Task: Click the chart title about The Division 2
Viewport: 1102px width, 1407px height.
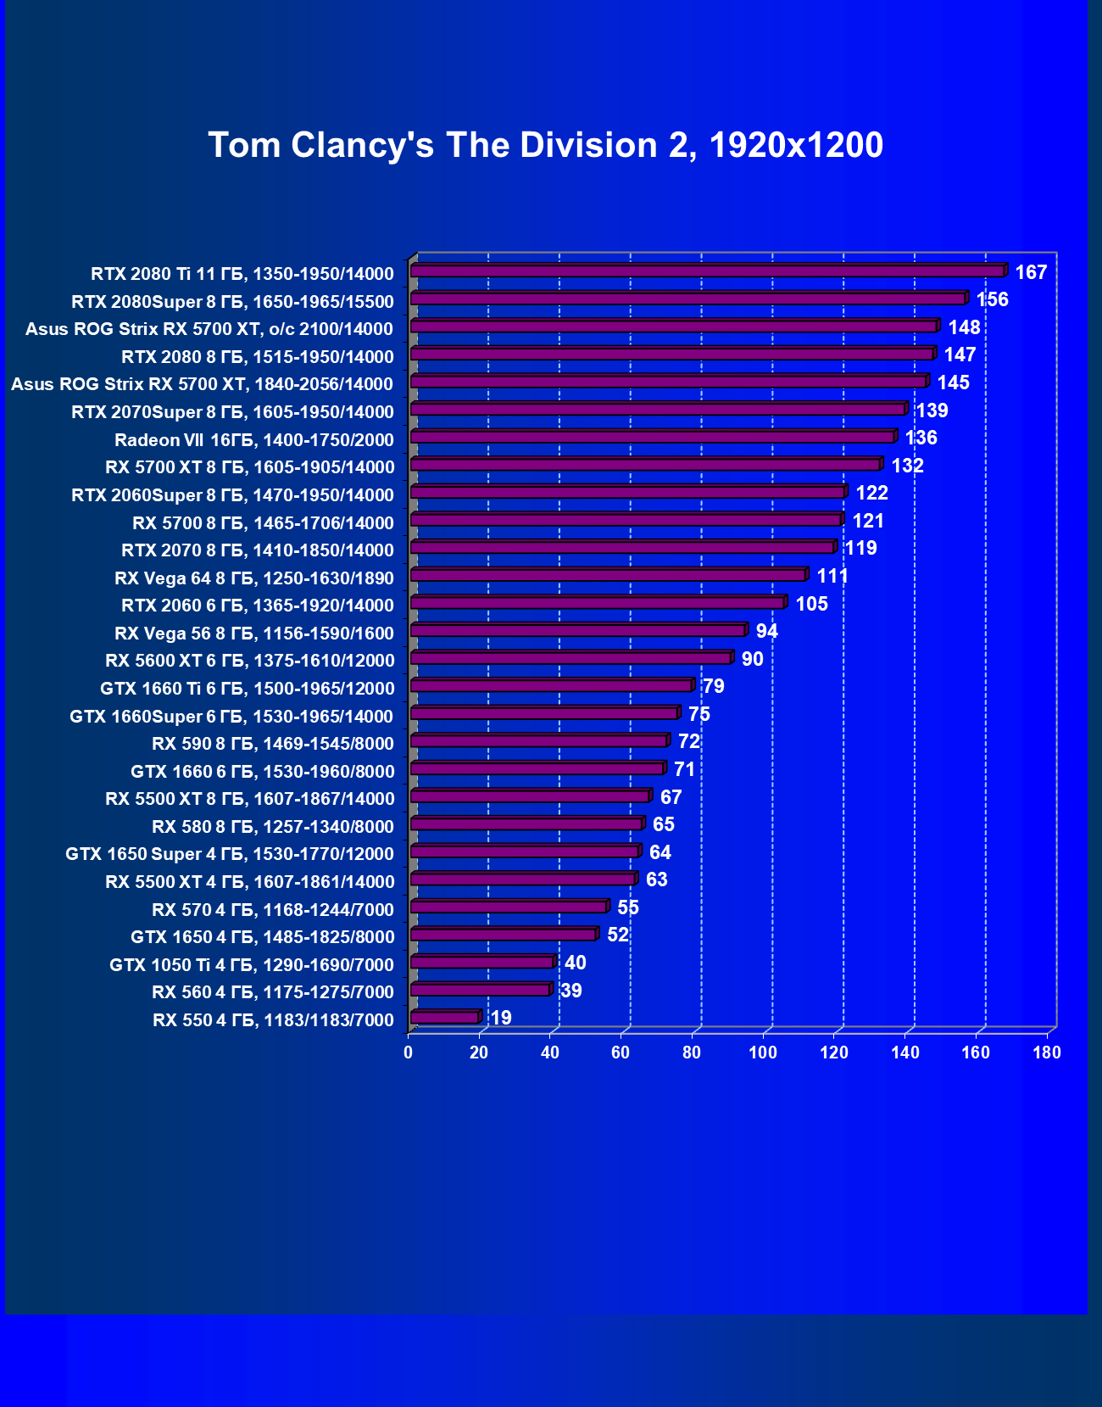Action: [x=545, y=145]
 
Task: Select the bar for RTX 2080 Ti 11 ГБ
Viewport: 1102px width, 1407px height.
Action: [x=707, y=271]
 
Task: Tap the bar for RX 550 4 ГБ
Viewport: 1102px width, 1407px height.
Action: [x=444, y=1018]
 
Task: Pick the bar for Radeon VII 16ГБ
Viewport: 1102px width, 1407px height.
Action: [x=652, y=438]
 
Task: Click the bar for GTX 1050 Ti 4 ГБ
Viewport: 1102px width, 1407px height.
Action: [x=481, y=963]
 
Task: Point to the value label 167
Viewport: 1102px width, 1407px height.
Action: [x=1031, y=272]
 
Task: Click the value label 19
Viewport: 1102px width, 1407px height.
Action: [x=501, y=1018]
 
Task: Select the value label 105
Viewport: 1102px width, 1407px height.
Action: [x=811, y=604]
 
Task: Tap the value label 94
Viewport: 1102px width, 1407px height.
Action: [x=766, y=631]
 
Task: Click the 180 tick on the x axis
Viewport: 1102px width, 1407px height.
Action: [x=1047, y=1052]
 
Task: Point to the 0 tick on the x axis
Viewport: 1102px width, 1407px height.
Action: [x=409, y=1052]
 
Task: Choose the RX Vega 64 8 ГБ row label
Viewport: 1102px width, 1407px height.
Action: [x=254, y=578]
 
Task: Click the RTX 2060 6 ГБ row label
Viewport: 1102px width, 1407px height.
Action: [x=258, y=606]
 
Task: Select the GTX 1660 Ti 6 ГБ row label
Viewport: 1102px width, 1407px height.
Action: [x=248, y=689]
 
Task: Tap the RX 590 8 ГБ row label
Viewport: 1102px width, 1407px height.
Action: [x=273, y=744]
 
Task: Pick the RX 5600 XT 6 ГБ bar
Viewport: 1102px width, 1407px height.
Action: [x=570, y=658]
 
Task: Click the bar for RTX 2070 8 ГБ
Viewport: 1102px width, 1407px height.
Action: [x=622, y=548]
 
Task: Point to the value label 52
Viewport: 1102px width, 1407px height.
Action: [x=618, y=935]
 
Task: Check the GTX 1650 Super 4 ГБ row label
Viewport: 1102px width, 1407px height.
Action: [x=230, y=854]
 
